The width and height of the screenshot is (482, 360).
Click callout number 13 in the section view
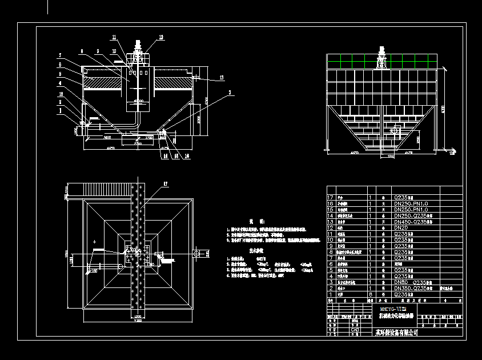click(222, 77)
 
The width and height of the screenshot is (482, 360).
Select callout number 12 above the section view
click(161, 37)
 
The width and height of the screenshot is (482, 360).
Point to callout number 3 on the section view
click(230, 92)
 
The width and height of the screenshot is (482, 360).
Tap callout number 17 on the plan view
click(166, 183)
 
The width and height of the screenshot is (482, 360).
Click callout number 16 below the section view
click(187, 155)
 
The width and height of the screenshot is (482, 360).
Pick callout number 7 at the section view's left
click(59, 55)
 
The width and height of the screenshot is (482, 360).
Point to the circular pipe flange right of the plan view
click(196, 253)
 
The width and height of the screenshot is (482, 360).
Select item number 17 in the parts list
click(330, 197)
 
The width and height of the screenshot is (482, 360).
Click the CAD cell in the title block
click(355, 330)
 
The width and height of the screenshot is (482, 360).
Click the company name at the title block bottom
click(396, 332)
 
